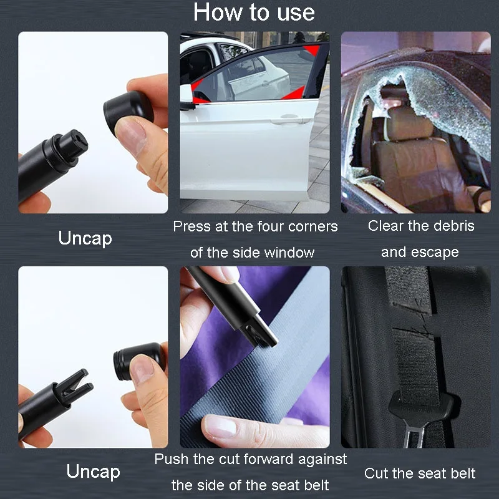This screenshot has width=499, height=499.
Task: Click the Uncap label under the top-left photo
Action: (85, 238)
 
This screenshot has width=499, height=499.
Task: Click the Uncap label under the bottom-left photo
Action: (93, 471)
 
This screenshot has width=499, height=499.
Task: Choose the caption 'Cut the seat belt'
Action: (419, 473)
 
